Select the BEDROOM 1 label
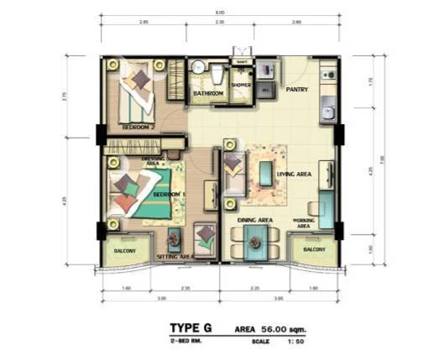pos(169,196)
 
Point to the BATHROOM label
pos(208,93)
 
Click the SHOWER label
pos(242,85)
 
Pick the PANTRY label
pos(297,89)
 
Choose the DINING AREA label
pos(254,220)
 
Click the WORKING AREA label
pos(304,222)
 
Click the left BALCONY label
pos(116,250)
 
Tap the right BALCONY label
pos(315,250)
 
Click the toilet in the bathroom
pos(216,75)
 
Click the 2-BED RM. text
pos(185,343)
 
